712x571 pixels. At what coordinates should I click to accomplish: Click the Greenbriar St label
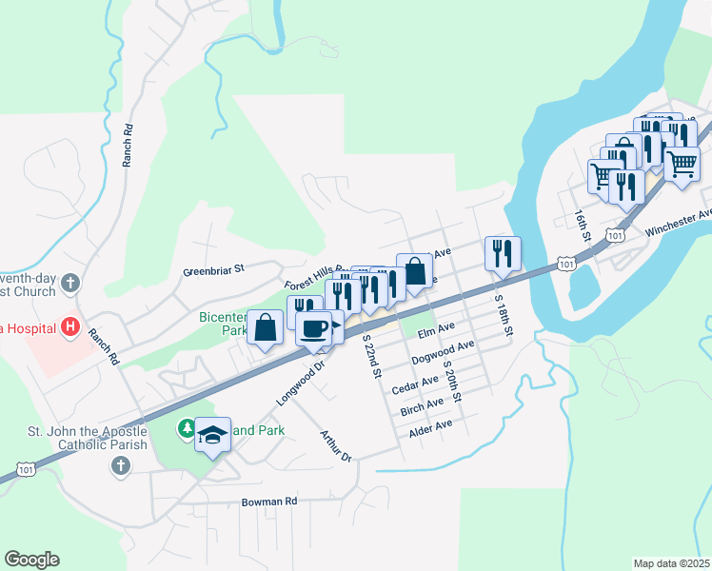[x=214, y=270]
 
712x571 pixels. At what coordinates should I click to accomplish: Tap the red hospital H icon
[x=69, y=327]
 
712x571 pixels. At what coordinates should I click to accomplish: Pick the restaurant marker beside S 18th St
[x=503, y=254]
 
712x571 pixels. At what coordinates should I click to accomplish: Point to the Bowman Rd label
[x=269, y=501]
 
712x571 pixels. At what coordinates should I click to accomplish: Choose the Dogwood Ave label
[x=444, y=353]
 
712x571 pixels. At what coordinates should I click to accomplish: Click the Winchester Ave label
[x=678, y=222]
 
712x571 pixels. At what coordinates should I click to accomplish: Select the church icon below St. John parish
[x=120, y=465]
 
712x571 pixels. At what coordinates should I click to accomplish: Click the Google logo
[x=32, y=560]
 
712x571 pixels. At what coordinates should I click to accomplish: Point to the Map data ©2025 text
[x=670, y=563]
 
